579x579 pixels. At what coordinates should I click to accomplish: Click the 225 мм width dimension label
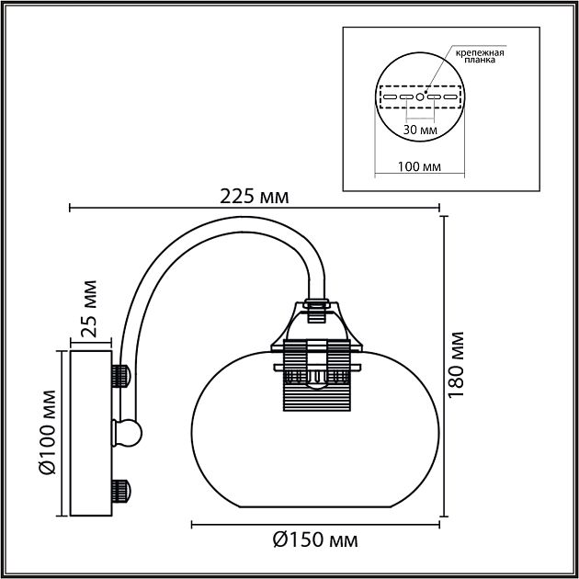[x=255, y=196]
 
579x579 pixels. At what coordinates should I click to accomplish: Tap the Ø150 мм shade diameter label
[x=314, y=539]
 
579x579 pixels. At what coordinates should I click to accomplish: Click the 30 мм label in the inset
[x=420, y=131]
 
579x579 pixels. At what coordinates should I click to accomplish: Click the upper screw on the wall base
[x=120, y=375]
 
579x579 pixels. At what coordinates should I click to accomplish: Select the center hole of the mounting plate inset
[x=420, y=96]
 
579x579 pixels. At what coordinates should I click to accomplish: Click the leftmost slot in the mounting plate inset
[x=389, y=96]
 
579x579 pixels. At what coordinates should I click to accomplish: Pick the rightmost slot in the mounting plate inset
[x=450, y=96]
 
